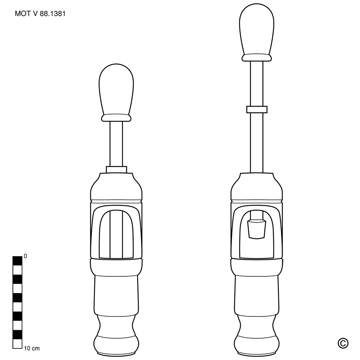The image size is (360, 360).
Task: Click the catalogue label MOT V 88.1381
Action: click(x=40, y=14)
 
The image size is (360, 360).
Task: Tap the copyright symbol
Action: click(x=343, y=343)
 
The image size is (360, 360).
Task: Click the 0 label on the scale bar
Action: click(x=25, y=256)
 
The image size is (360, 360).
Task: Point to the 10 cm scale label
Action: click(x=32, y=348)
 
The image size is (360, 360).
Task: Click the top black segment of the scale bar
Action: click(x=17, y=261)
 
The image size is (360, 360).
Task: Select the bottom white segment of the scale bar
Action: click(x=17, y=344)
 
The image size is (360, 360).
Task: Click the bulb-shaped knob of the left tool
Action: click(x=116, y=90)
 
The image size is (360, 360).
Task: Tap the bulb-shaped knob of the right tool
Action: click(x=257, y=30)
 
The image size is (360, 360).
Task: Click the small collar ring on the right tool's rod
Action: click(x=257, y=110)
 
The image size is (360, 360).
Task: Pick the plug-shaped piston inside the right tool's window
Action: click(x=256, y=229)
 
